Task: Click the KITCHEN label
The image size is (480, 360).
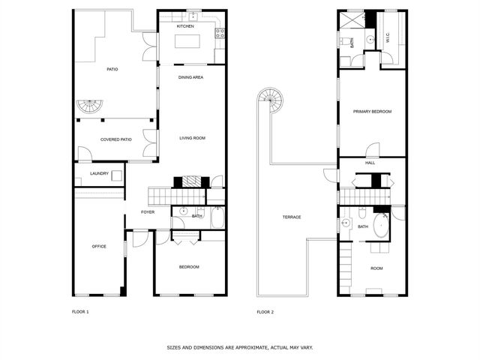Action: click(x=185, y=26)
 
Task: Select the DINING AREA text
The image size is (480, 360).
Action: click(x=190, y=77)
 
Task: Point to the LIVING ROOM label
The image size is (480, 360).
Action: click(x=192, y=138)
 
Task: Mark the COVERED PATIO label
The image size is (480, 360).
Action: click(x=116, y=139)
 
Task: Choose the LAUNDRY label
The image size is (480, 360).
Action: click(x=100, y=174)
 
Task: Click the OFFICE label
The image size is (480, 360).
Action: click(x=99, y=246)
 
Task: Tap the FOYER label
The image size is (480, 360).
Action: click(x=148, y=212)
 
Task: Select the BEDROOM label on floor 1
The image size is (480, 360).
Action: click(x=189, y=267)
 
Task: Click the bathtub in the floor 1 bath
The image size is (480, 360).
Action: click(x=217, y=218)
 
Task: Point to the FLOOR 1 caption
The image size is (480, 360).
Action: click(x=80, y=311)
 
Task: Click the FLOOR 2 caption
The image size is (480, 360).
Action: click(x=265, y=311)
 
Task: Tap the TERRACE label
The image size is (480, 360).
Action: click(x=291, y=217)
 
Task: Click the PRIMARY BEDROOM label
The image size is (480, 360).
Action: click(x=373, y=112)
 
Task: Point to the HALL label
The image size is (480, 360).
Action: click(x=370, y=163)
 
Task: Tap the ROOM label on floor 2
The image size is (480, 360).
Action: click(x=376, y=268)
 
